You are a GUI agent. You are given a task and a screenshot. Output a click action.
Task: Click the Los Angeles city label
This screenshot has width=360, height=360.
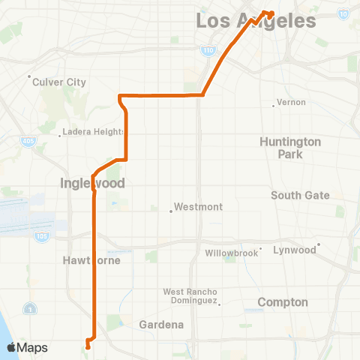(x=256, y=21)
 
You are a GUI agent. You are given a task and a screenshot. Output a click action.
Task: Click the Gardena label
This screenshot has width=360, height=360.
(x=161, y=325)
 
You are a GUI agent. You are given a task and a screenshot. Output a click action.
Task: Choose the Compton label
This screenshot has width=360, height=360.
(x=283, y=302)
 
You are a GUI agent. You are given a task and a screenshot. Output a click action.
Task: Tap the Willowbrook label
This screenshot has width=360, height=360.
(x=231, y=253)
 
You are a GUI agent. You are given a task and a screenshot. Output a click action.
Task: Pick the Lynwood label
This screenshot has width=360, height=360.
(x=294, y=250)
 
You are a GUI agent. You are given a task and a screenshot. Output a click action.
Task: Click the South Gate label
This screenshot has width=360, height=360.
(x=300, y=195)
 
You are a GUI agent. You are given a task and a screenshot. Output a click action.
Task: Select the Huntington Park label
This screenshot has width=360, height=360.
(x=290, y=148)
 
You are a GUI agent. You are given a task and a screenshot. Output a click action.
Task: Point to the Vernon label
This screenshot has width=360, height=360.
(x=286, y=101)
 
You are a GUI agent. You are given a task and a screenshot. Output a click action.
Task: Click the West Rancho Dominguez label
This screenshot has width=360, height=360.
(x=190, y=296)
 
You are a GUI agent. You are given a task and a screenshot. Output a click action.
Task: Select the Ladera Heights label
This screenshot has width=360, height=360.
(x=94, y=132)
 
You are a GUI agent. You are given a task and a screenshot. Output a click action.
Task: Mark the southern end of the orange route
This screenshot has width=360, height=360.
(x=88, y=347)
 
